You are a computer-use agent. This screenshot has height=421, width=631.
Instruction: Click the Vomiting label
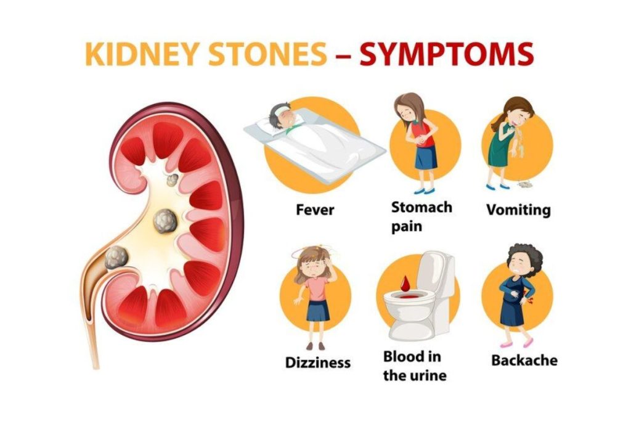click(x=518, y=210)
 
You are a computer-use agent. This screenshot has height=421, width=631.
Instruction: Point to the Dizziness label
click(x=317, y=362)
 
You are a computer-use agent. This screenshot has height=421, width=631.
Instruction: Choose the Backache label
click(x=524, y=361)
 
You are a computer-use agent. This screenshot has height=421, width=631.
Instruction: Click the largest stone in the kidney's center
click(x=165, y=220)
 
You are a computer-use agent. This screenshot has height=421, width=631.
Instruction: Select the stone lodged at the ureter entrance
click(x=116, y=257)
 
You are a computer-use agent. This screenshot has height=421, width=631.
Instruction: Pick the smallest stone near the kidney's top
click(x=173, y=179)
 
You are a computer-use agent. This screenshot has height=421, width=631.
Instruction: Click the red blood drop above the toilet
click(x=405, y=283)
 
